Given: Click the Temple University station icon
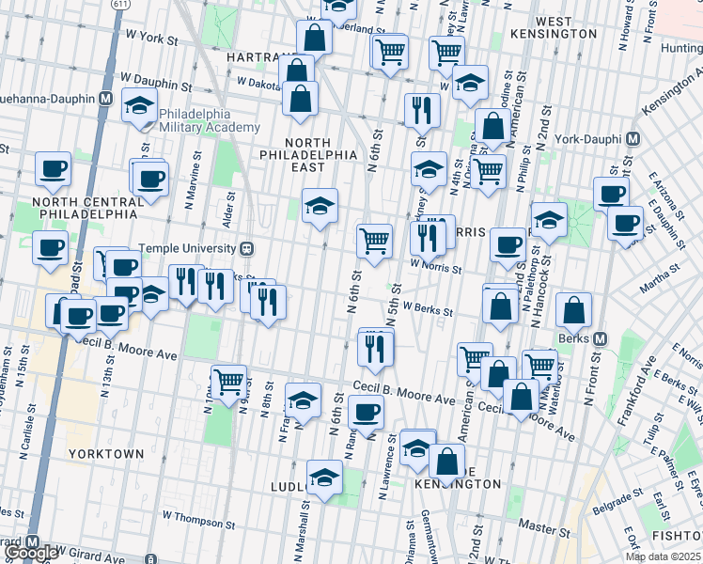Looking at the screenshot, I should coord(246,249).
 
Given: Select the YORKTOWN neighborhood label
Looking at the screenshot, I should coord(106,454).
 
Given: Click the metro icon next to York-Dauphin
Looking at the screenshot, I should coord(633,138).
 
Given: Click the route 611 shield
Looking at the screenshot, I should coord(119,5).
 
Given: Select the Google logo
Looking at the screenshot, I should coord(30,553).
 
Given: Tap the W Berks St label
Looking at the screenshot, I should coord(428,307).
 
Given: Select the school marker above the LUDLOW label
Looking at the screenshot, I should coord(324,476).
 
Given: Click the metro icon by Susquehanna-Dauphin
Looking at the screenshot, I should coord(106,98).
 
